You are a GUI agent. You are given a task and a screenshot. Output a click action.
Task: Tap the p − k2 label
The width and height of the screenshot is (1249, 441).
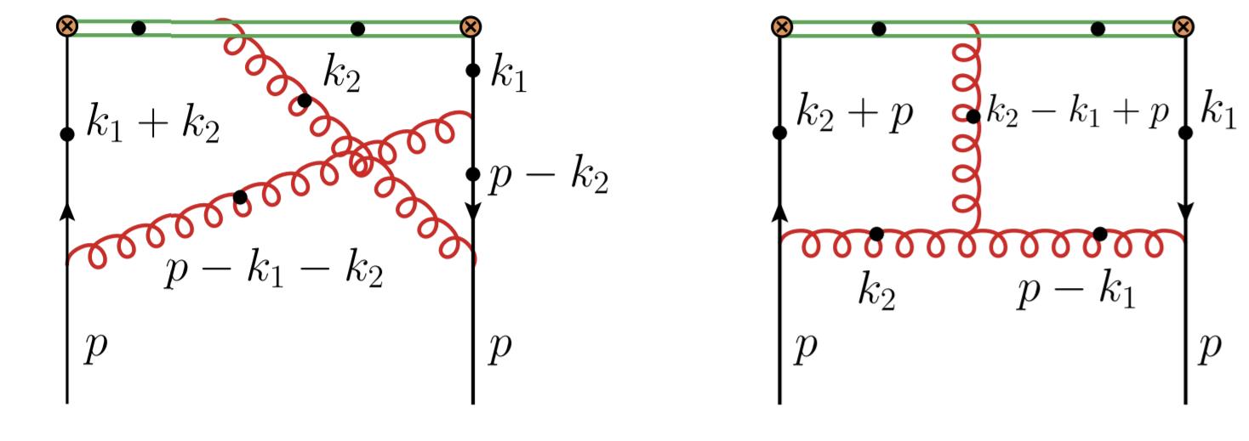550,180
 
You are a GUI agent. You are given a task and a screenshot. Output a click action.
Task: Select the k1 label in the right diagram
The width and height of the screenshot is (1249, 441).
1219,116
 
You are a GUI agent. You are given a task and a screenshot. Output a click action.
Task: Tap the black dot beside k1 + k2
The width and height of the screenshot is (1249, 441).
67,133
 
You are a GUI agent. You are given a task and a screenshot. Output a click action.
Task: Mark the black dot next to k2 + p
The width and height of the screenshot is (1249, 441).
780,132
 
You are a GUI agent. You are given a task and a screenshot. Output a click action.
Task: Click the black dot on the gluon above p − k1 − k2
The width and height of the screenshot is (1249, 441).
240,197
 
